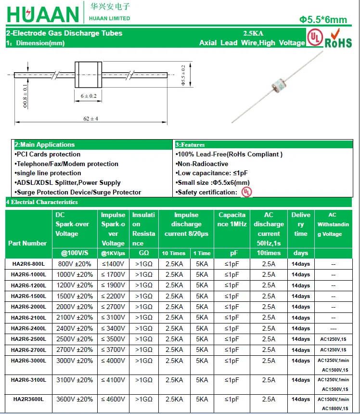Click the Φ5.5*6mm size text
[323, 20]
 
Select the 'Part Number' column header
[27, 243]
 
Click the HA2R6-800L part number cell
[28, 264]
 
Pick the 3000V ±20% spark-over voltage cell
[75, 361]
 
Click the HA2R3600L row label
[28, 399]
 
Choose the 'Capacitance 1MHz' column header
[232, 220]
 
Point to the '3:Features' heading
[190, 144]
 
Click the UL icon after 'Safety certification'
[246, 192]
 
